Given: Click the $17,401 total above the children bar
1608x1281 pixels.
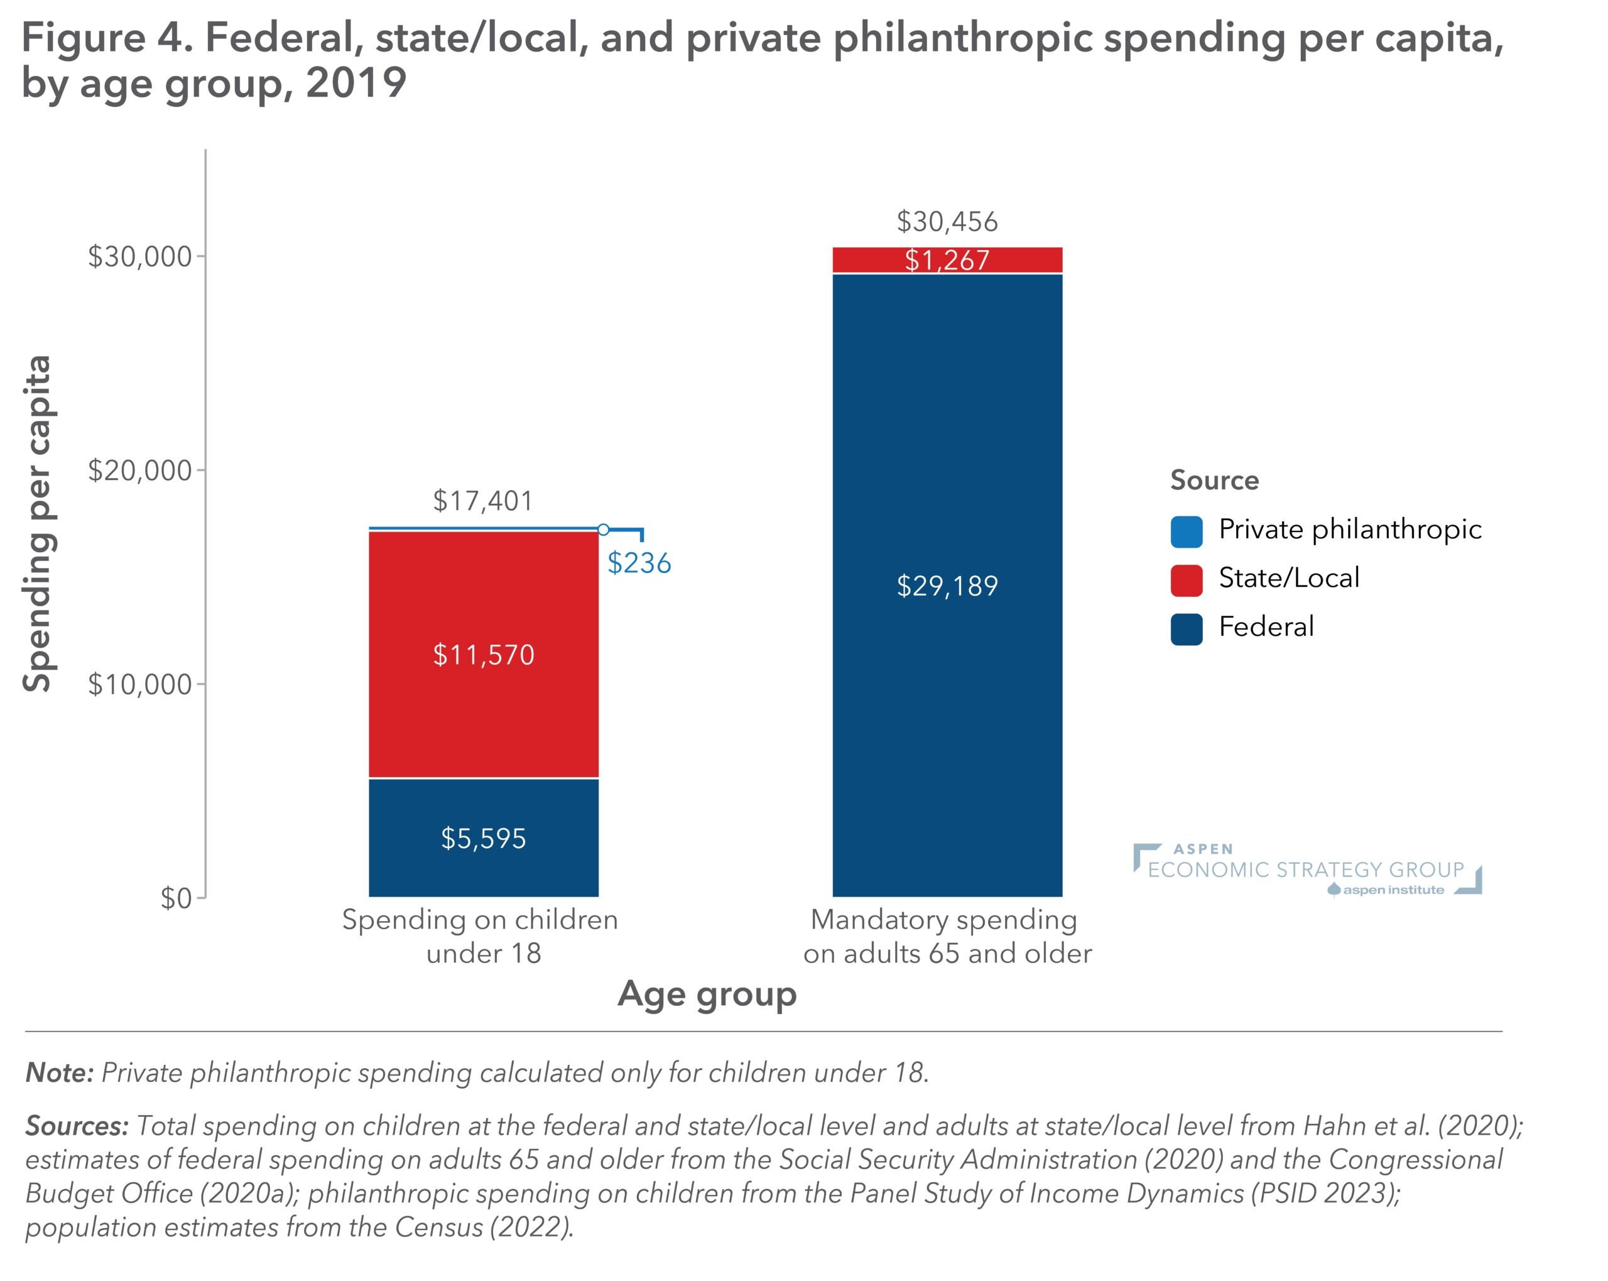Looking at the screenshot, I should tap(482, 501).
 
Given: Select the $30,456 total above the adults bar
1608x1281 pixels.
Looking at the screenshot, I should tap(947, 222).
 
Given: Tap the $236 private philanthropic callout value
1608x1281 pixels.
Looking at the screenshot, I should tap(639, 562).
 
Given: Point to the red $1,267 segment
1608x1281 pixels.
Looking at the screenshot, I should tap(947, 259).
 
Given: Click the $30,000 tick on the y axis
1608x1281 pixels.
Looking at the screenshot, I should tap(140, 257).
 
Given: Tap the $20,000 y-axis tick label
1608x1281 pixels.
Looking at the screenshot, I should tap(140, 471).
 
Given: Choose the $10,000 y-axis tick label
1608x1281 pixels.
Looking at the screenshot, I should tap(140, 684).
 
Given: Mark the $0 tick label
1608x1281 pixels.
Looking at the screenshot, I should tap(176, 898).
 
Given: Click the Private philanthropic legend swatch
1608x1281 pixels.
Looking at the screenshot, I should tap(1186, 531).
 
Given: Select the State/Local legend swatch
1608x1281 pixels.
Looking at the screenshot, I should tap(1186, 580).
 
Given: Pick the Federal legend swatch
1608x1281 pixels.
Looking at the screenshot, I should tap(1186, 628).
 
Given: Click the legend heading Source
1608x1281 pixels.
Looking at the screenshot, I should tap(1214, 480).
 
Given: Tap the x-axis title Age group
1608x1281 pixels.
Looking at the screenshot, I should tap(707, 994).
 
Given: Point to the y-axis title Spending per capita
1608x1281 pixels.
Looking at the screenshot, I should tap(37, 524).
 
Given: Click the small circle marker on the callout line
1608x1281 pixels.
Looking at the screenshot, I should tap(604, 530).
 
